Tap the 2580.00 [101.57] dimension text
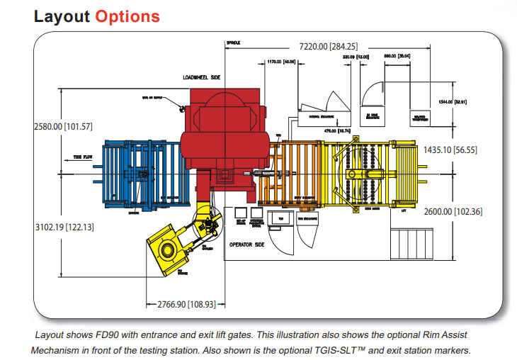(63, 127)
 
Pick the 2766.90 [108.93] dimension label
(185, 304)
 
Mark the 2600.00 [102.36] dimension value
(453, 211)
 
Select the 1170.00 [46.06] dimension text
(281, 62)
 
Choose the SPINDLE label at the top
(234, 43)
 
